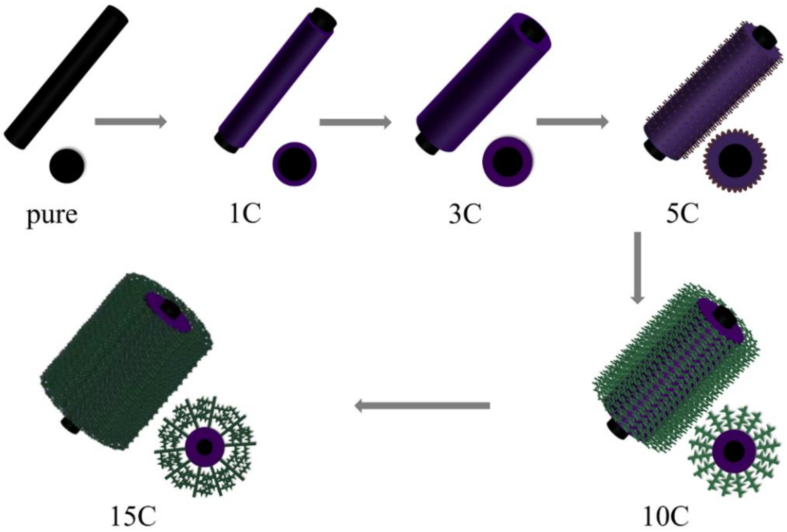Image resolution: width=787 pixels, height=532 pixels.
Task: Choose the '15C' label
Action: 133,516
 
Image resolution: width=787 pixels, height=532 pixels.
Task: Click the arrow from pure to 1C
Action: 131,121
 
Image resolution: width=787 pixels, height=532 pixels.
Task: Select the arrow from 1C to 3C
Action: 355,122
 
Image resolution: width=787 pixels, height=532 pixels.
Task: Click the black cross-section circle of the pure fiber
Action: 67,165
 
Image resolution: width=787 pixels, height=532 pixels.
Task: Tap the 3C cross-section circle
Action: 507,162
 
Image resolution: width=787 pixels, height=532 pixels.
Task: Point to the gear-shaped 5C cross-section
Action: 735,161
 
